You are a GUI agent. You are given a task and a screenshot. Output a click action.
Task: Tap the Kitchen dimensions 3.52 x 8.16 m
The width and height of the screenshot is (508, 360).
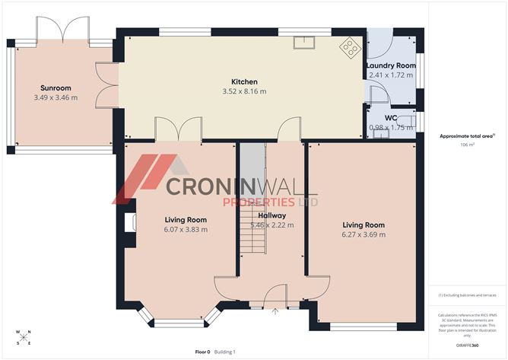click(245, 91)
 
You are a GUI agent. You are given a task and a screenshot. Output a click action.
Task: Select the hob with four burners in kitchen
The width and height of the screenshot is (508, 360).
click(351, 48)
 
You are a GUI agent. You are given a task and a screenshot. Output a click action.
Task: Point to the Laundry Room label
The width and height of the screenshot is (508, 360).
click(392, 65)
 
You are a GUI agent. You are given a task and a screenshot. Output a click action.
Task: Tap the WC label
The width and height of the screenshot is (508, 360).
click(391, 118)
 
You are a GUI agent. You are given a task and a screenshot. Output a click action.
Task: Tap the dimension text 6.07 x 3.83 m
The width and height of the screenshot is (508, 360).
click(186, 229)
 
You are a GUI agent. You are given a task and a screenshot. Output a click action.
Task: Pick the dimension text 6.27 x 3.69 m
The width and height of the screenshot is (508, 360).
click(364, 234)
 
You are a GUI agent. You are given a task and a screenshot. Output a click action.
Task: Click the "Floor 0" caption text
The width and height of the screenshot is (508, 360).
click(202, 352)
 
